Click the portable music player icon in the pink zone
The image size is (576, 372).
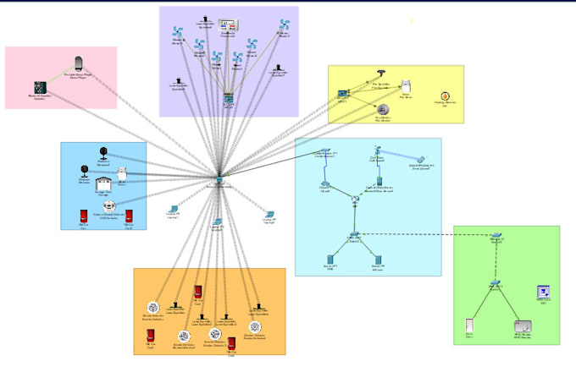[79, 62]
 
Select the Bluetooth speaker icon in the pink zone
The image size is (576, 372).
[38, 87]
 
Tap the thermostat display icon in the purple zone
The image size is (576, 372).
[227, 26]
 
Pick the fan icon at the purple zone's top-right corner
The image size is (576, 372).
[285, 25]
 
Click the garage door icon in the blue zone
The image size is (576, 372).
[104, 184]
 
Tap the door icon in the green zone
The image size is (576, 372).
[468, 325]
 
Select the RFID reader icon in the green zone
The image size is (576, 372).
[521, 325]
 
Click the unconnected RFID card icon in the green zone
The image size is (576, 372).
[544, 292]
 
